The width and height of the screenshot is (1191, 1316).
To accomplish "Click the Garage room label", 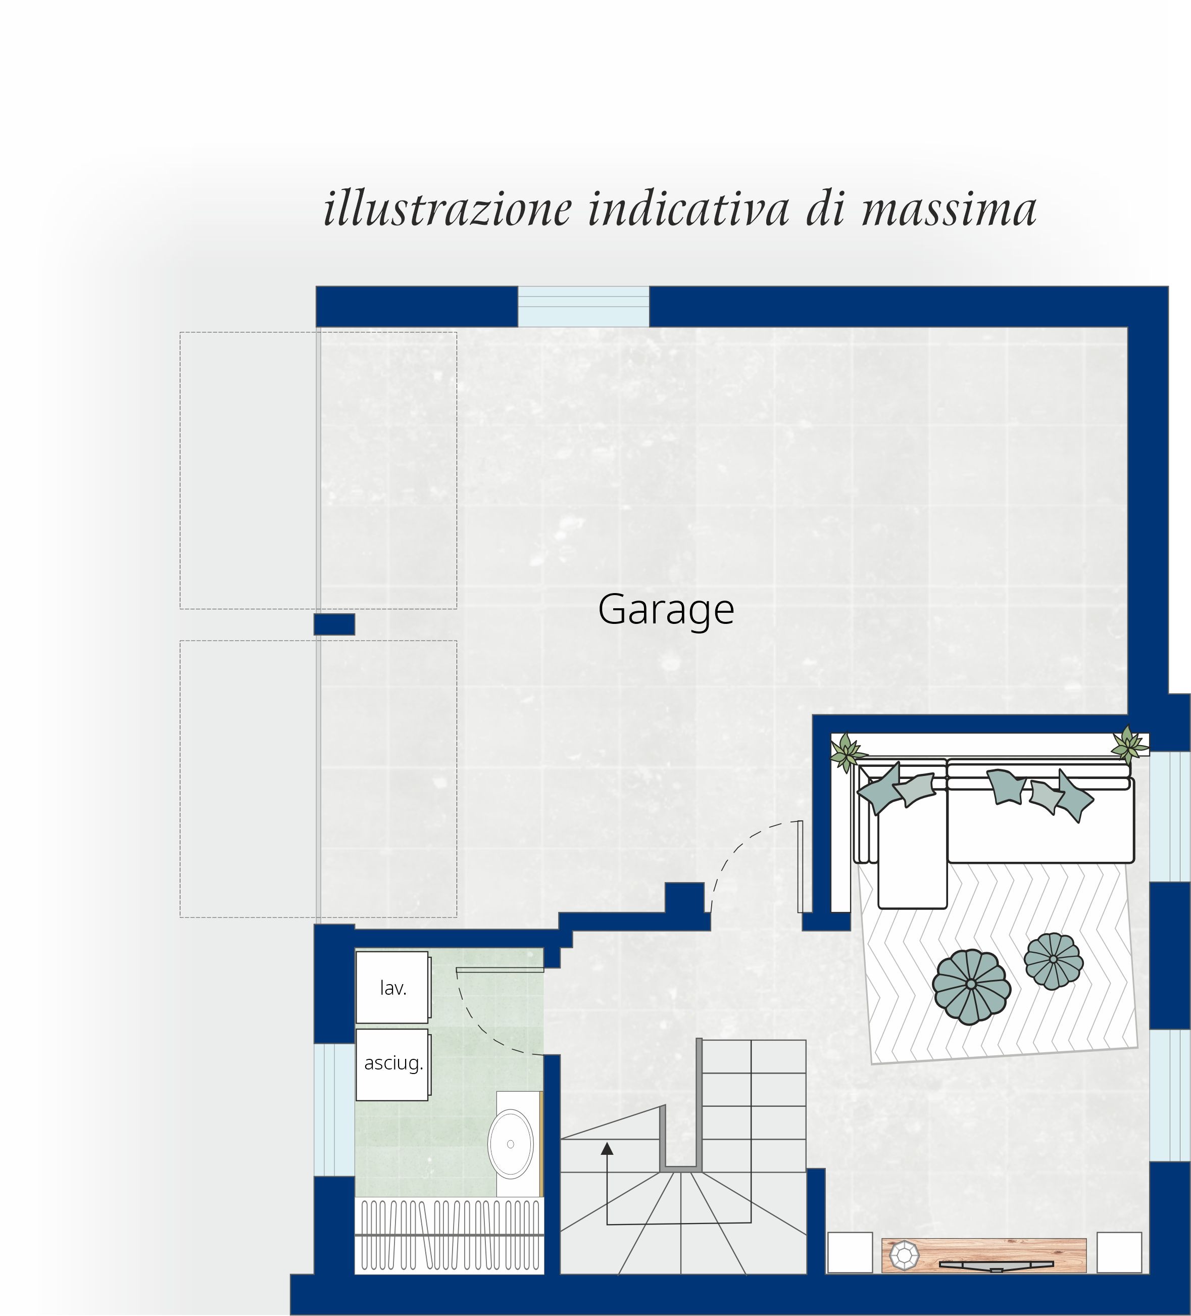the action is coord(666,610).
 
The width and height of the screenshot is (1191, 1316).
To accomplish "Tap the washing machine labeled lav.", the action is coord(392,987).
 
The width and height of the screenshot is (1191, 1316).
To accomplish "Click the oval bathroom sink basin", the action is coord(510,1144).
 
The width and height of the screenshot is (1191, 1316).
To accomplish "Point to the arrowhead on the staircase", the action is coord(607,1148).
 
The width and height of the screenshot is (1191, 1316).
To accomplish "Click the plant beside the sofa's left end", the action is coord(847,751).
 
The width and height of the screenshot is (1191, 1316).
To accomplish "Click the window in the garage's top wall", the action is coord(583,306).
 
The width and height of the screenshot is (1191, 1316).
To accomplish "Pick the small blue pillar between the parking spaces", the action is coord(334,624).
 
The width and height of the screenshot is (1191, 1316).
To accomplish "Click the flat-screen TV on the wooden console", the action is coord(997,1265).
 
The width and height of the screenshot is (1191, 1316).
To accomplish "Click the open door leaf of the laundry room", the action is coord(500,970).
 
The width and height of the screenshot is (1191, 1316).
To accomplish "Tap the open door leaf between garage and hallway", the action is coord(800,866).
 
